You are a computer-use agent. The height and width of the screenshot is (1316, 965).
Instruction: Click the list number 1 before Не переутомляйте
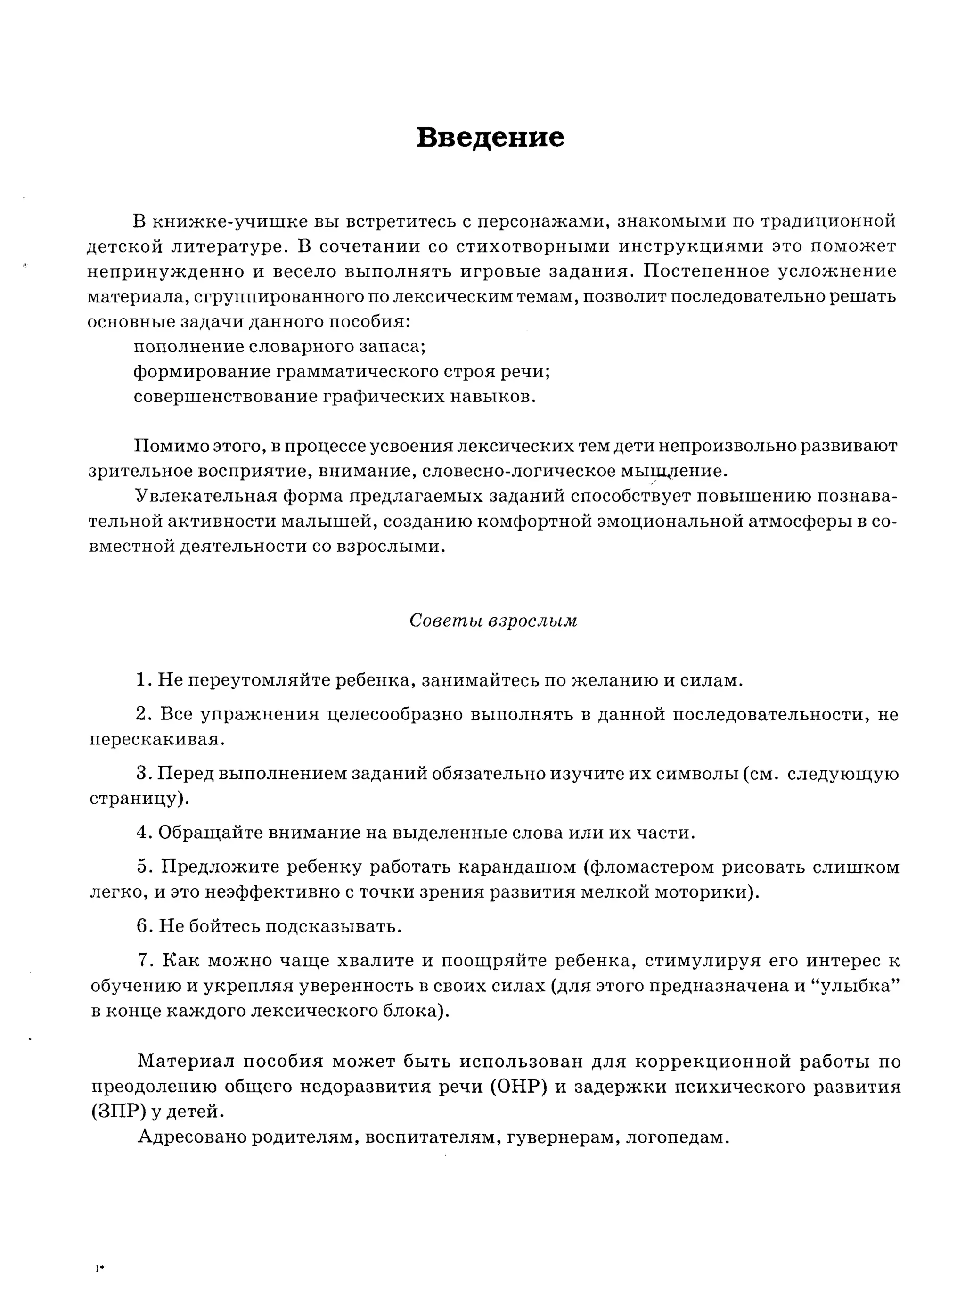141,680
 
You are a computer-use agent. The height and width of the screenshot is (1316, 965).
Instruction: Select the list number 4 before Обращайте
142,833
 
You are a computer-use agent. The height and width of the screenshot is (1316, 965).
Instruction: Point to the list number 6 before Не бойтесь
142,926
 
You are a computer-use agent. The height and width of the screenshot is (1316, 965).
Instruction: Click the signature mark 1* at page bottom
99,1269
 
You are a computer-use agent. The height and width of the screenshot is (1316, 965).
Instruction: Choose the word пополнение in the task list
187,347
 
